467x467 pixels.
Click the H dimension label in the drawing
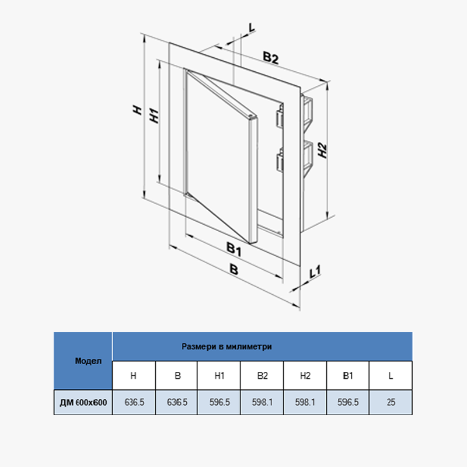tap(137, 110)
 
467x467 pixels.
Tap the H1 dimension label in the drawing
tap(154, 114)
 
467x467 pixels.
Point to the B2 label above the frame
tap(270, 57)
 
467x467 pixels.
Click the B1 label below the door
tap(234, 250)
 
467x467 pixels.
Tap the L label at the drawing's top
tap(251, 27)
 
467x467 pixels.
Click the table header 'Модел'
tap(83, 361)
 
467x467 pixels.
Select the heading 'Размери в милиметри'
tap(227, 346)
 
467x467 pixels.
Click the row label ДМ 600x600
tap(83, 402)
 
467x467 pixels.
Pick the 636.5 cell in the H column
tap(134, 402)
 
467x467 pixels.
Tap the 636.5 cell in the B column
tap(177, 402)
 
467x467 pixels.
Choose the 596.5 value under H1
tap(219, 402)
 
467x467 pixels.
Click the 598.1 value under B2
tap(262, 402)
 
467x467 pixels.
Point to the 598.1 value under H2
tap(305, 402)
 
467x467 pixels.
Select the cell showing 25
tap(391, 402)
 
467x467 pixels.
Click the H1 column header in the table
tap(219, 376)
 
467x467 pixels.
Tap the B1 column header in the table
tap(348, 376)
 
